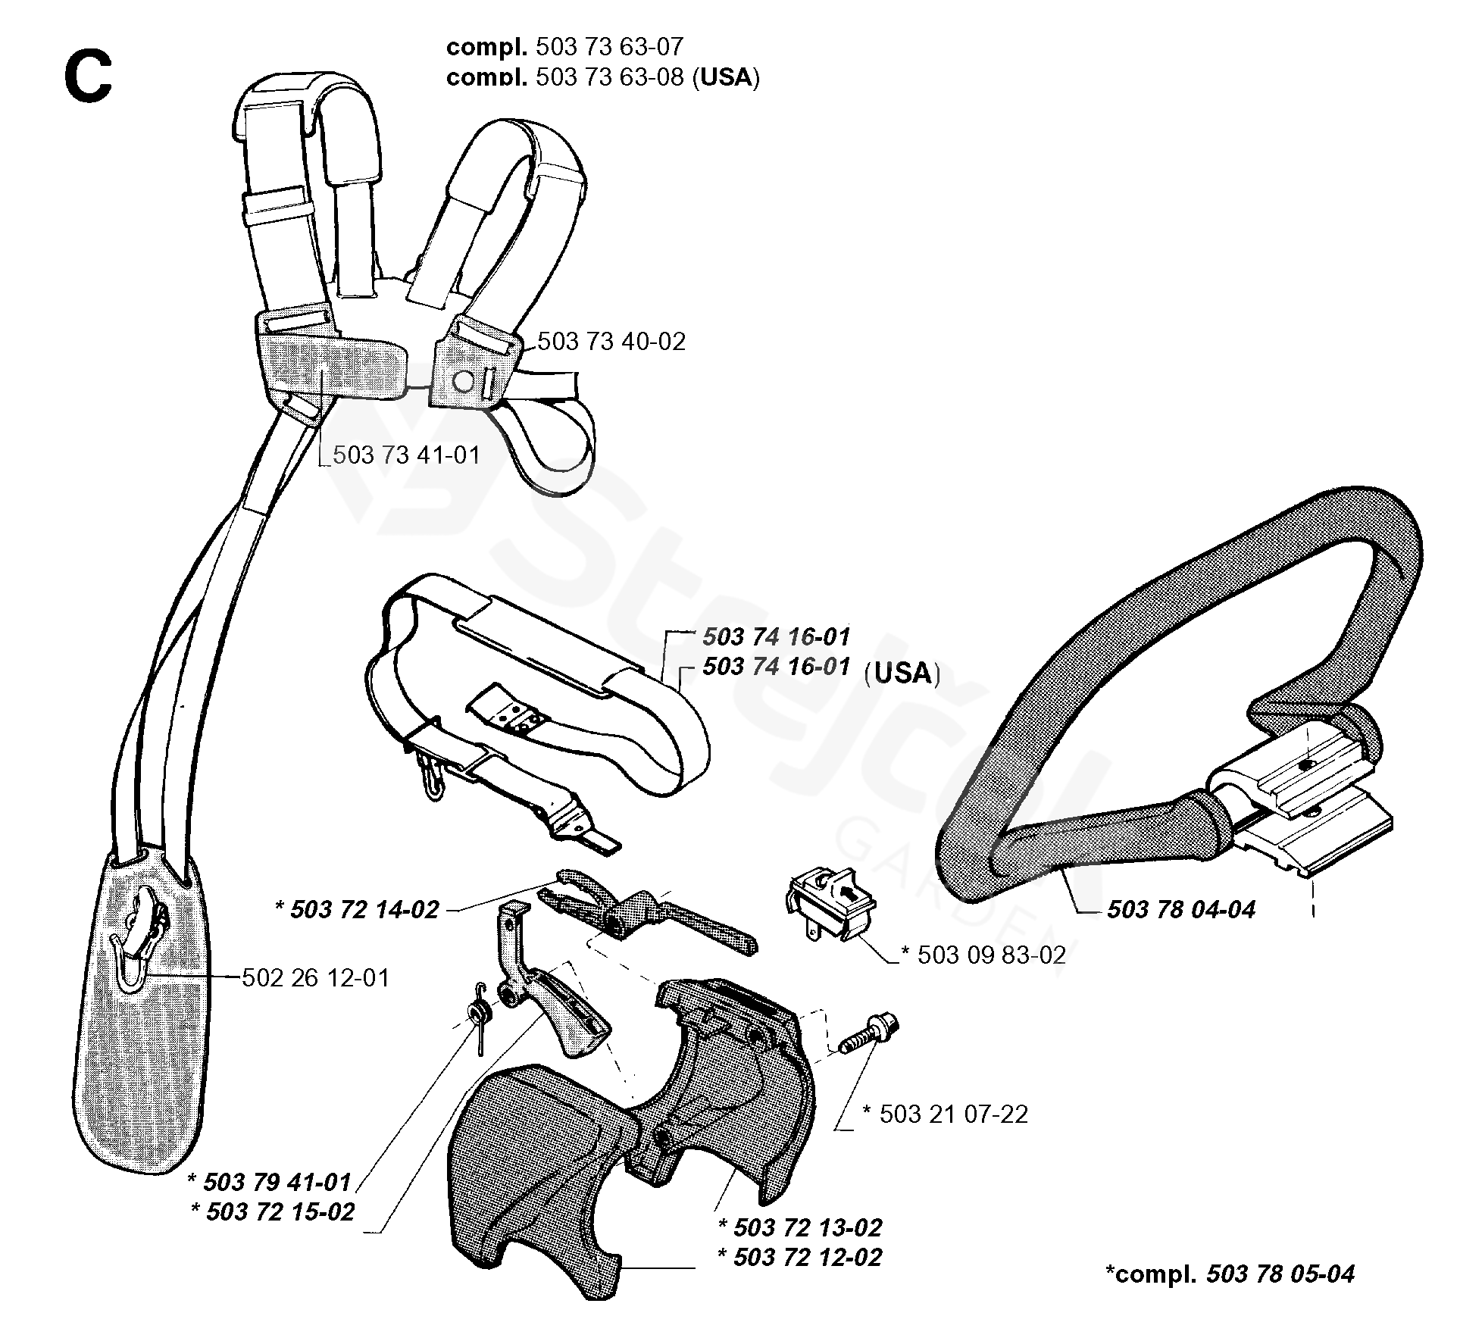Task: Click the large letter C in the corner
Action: pyautogui.click(x=89, y=79)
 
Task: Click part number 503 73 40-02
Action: pyautogui.click(x=611, y=342)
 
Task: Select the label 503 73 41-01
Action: pyautogui.click(x=407, y=455)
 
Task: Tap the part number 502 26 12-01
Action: pyautogui.click(x=315, y=978)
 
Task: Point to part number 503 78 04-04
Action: pyautogui.click(x=1181, y=909)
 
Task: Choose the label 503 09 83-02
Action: pyautogui.click(x=992, y=955)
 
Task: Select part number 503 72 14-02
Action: pyautogui.click(x=364, y=909)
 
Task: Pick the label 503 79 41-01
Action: pyautogui.click(x=277, y=1182)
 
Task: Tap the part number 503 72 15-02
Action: pyautogui.click(x=280, y=1211)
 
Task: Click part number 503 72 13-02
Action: pyautogui.click(x=808, y=1227)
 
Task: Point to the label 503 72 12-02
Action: pyautogui.click(x=808, y=1258)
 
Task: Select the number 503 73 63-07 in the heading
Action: pyautogui.click(x=610, y=47)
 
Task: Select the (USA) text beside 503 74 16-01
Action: pyautogui.click(x=902, y=673)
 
